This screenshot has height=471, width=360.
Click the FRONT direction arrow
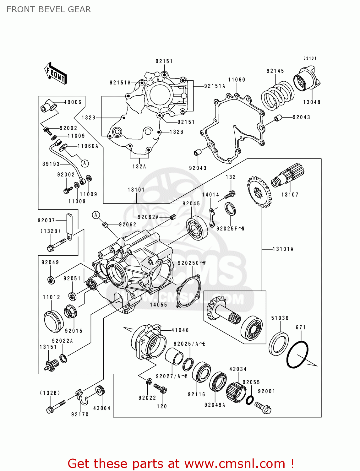pos(55,73)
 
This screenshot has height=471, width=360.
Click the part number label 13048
pos(312,102)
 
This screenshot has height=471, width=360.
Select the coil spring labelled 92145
pos(278,95)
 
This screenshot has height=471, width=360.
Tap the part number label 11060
pos(237,80)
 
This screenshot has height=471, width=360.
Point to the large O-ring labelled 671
pos(297,355)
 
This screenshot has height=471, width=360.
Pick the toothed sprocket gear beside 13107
pos(259,192)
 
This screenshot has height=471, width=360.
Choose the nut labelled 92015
pos(70,311)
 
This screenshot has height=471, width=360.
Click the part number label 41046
pos(180,330)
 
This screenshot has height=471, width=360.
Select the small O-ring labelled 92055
pos(249,400)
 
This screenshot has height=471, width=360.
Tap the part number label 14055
pos(158,305)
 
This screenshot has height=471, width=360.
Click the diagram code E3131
pos(310,58)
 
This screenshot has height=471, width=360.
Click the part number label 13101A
pos(283,249)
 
